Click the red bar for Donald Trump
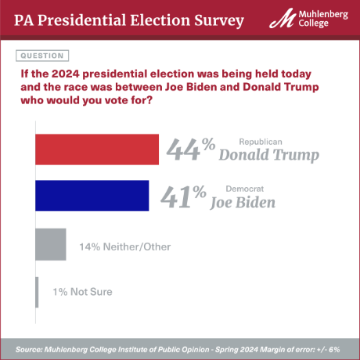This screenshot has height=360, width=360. pos(97,149)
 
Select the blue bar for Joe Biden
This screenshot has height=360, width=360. pos(92,196)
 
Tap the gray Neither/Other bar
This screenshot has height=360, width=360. pos(51,244)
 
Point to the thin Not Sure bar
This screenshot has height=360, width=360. pos(37,292)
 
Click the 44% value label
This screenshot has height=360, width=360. pos(189,149)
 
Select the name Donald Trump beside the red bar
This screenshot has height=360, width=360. pos(268,155)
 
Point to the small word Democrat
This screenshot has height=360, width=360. pos(241,189)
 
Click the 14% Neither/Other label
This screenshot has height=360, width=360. pos(124,247)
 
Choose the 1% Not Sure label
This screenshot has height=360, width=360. pos(82,292)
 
